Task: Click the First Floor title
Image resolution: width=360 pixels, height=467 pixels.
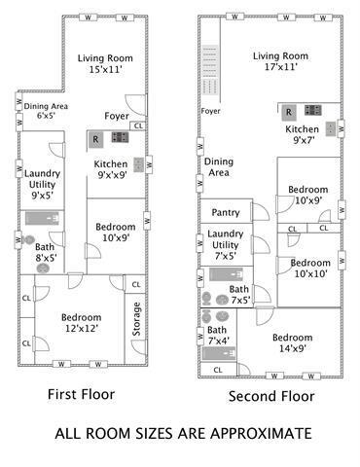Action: pyautogui.click(x=81, y=394)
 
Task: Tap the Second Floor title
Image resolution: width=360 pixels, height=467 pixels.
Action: pyautogui.click(x=271, y=396)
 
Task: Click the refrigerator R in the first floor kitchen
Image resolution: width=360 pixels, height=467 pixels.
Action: pyautogui.click(x=95, y=139)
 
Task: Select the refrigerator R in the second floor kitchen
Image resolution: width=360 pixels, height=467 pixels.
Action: pyautogui.click(x=288, y=112)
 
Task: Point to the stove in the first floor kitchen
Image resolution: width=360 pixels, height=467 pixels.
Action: pyautogui.click(x=120, y=137)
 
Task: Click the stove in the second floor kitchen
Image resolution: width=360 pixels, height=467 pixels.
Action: pyautogui.click(x=313, y=110)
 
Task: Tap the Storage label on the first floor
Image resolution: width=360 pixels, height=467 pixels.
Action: pyautogui.click(x=136, y=319)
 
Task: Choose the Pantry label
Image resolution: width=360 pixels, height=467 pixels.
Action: pyautogui.click(x=226, y=213)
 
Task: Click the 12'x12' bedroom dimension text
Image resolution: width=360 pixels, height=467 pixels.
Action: pyautogui.click(x=82, y=329)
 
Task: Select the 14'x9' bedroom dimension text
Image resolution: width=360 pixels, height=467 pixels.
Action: pyautogui.click(x=293, y=348)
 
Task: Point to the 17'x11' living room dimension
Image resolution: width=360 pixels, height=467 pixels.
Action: pyautogui.click(x=281, y=67)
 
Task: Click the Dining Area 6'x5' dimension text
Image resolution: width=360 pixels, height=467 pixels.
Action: pyautogui.click(x=46, y=115)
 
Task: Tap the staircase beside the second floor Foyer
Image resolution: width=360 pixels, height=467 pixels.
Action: pyautogui.click(x=210, y=70)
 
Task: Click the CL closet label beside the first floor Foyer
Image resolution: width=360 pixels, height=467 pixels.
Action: pyautogui.click(x=138, y=126)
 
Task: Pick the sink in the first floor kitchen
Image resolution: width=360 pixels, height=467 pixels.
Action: pyautogui.click(x=139, y=164)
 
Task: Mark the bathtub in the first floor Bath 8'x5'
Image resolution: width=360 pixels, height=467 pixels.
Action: pyautogui.click(x=43, y=218)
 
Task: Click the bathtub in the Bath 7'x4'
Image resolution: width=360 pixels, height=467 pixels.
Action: pyautogui.click(x=219, y=353)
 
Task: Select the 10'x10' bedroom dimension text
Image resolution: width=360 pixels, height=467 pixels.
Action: pyautogui.click(x=310, y=273)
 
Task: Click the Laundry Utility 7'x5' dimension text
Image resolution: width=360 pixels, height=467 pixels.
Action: pyautogui.click(x=225, y=256)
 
